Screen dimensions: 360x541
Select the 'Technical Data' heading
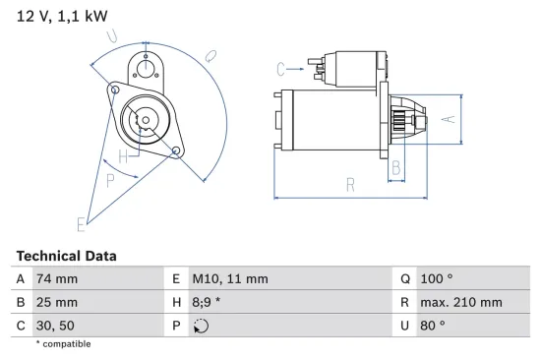[x=66, y=256]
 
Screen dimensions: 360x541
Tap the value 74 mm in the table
[x=55, y=278]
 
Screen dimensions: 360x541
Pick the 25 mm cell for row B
[x=55, y=302]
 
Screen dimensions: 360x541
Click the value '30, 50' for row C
[x=53, y=326]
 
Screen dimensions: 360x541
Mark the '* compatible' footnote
[x=64, y=344]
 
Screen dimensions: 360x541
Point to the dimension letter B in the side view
[x=396, y=168]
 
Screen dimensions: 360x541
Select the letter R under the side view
[x=349, y=183]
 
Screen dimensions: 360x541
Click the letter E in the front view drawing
[x=81, y=223]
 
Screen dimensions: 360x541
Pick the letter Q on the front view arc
[x=210, y=58]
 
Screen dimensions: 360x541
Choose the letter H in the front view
[x=122, y=157]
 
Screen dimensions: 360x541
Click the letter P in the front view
[x=110, y=180]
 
